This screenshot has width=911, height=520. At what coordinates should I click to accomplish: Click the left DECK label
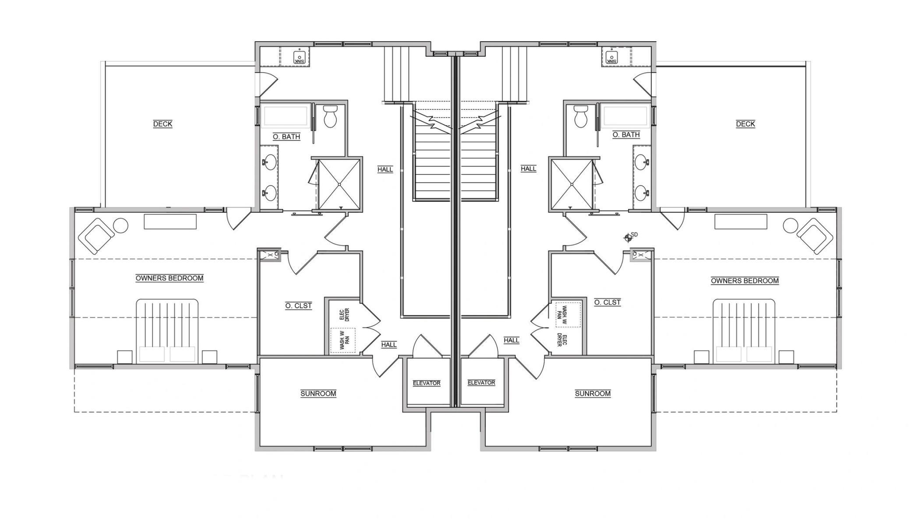[162, 124]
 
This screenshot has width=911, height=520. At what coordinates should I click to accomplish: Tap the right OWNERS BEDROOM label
[745, 281]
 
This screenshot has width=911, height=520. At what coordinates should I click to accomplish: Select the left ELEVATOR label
[427, 383]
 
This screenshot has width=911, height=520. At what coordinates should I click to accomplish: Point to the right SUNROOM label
[593, 394]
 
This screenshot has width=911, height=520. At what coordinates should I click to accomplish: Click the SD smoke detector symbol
[628, 237]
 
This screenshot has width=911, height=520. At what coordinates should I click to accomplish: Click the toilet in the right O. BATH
[581, 116]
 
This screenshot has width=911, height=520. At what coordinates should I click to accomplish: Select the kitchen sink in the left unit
[300, 57]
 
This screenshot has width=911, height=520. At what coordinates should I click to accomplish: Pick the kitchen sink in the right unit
[612, 57]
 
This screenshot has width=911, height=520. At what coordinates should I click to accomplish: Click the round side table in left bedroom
[120, 226]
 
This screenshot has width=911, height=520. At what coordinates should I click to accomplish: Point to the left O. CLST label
[299, 306]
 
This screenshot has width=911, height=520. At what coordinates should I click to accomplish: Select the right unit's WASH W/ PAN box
[568, 314]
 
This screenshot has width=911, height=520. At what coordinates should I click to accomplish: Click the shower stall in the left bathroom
[339, 184]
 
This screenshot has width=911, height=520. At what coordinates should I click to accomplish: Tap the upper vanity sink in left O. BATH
[271, 162]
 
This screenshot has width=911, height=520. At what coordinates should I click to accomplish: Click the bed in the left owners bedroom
[167, 331]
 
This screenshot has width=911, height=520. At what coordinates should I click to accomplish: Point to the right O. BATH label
[626, 135]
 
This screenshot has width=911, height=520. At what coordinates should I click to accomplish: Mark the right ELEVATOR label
[481, 383]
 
